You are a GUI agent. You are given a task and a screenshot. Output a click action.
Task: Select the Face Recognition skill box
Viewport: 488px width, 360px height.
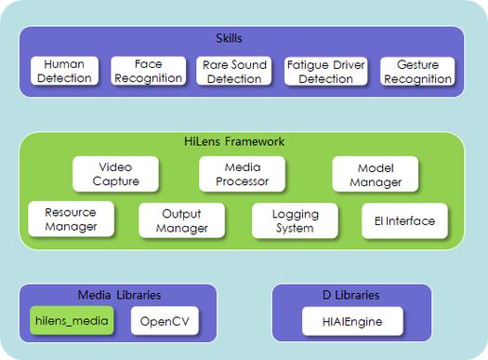point(150,72)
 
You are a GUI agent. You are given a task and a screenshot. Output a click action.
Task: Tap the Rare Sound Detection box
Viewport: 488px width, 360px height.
point(235,72)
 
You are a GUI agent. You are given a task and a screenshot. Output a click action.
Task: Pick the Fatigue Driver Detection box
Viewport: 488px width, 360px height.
point(325,72)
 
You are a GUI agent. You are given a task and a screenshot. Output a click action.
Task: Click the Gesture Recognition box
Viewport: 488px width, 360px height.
point(417,72)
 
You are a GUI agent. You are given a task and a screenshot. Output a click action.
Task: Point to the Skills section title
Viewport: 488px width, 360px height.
point(243,39)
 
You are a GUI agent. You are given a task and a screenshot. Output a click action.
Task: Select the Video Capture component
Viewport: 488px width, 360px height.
point(116,174)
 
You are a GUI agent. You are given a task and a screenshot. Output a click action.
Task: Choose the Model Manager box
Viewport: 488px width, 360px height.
point(375,174)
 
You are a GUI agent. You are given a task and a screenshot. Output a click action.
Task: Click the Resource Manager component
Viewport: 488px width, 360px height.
point(71,220)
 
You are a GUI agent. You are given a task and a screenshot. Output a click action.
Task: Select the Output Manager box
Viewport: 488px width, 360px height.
point(182,220)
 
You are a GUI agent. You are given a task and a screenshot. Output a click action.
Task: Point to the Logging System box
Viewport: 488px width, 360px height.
point(295,220)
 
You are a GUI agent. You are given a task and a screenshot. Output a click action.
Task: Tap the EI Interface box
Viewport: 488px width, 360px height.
point(404,220)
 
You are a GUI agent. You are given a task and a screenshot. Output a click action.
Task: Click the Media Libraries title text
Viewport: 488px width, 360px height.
point(119,295)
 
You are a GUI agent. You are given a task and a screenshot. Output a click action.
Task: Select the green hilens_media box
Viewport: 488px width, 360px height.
point(72,322)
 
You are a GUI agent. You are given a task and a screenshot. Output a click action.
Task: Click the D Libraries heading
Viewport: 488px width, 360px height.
point(351,295)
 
